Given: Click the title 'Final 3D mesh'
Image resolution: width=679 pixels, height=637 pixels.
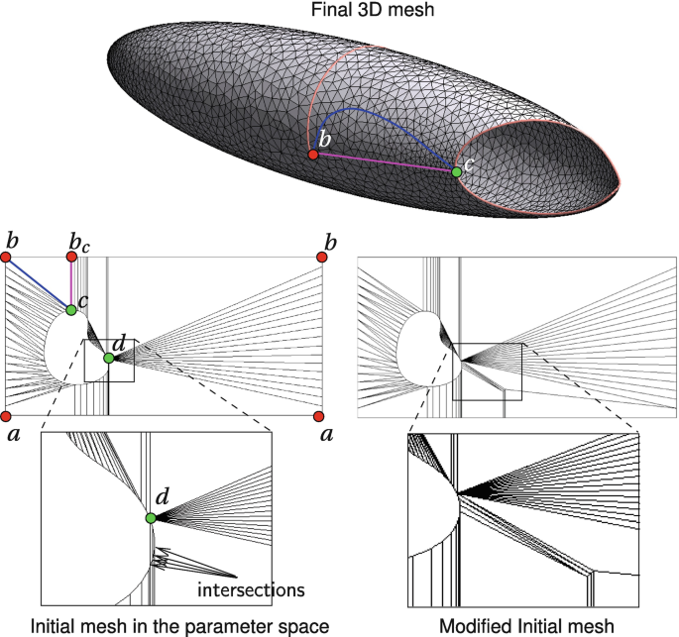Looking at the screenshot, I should tap(338, 11).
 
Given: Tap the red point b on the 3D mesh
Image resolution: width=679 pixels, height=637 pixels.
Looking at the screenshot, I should tap(313, 156).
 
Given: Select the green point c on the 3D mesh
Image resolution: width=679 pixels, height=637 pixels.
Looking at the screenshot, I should tap(456, 172).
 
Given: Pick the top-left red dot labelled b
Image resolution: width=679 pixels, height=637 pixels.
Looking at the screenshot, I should tap(6, 257).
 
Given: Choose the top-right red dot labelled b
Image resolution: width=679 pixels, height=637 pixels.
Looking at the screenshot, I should tap(322, 257).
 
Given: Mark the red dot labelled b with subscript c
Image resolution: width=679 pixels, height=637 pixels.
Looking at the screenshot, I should tap(71, 257).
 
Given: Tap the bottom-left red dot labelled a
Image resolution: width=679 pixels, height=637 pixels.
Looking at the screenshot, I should tap(6, 415).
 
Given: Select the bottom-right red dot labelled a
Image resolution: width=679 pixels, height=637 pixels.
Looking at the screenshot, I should tap(322, 415).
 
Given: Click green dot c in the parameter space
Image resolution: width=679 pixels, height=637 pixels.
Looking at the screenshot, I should tap(71, 310).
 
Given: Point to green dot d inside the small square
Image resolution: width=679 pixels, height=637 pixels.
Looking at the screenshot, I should tap(109, 358).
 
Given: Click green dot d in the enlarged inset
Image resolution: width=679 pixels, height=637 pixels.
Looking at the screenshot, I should tap(151, 518).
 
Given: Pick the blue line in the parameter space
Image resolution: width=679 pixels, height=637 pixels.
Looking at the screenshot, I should tap(38, 282).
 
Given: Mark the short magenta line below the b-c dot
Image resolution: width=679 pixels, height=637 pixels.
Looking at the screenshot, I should tap(70, 283).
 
